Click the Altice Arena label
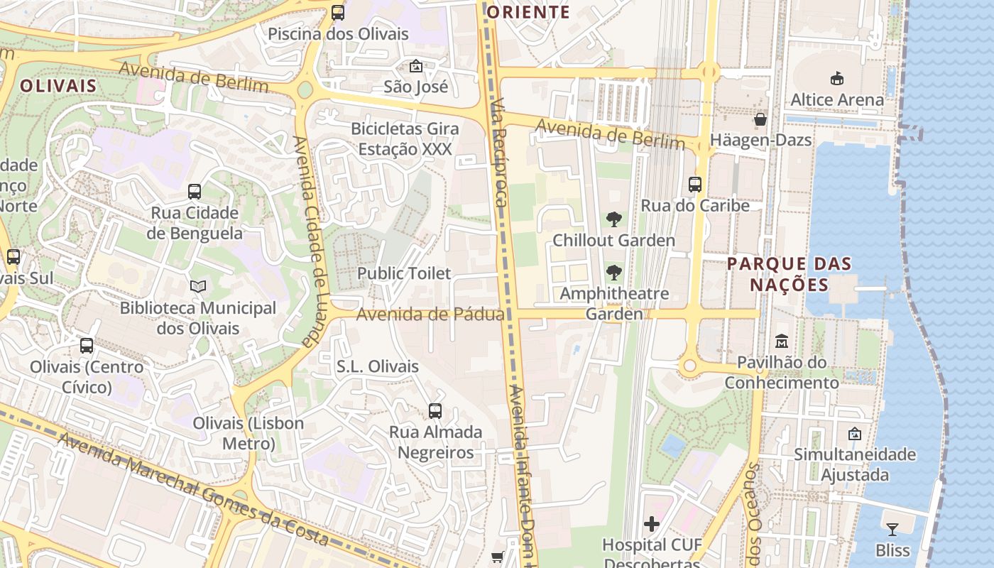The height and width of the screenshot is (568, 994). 837,99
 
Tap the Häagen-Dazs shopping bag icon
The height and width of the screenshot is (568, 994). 760,119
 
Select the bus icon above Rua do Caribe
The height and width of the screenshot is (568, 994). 695,185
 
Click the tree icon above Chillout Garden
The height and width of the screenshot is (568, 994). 613,219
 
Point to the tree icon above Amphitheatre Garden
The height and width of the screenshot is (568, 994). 613,272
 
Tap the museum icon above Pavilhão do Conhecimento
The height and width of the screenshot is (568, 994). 782,342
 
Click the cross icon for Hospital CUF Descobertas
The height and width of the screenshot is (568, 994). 651,525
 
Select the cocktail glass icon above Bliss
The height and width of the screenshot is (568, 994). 892,530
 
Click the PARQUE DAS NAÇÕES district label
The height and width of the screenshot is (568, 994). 790,274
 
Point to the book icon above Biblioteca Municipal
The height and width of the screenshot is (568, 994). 198,287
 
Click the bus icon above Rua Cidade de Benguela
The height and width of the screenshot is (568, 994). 195,192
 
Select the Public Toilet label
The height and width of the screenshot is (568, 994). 404,273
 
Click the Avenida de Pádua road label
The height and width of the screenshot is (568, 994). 430,314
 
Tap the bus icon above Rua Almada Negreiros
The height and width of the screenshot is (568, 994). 435,411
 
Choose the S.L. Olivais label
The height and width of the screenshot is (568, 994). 378,367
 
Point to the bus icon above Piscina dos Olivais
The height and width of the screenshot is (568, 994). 338,13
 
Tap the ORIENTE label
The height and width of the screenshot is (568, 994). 529,12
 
